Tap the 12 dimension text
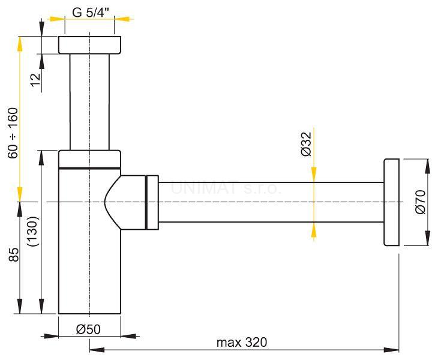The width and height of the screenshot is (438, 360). click(36, 79)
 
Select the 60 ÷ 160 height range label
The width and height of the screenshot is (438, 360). click(13, 133)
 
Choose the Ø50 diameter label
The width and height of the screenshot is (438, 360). click(89, 329)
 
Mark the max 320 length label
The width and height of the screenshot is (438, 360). click(242, 342)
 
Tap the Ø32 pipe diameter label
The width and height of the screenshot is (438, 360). click(305, 145)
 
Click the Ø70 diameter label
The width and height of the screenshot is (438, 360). click(419, 202)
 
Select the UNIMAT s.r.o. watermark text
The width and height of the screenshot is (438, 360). click(226, 188)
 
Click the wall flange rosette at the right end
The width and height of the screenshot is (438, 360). click(391, 202)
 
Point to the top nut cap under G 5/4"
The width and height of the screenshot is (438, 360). click(89, 45)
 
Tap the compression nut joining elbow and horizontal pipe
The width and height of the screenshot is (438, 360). click(152, 202)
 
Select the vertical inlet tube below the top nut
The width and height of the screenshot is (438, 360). click(89, 102)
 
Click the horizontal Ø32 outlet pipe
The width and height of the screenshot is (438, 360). click(270, 202)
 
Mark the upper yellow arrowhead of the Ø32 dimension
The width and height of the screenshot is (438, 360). click(313, 175)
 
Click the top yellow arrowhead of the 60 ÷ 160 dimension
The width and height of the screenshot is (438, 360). click(20, 41)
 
